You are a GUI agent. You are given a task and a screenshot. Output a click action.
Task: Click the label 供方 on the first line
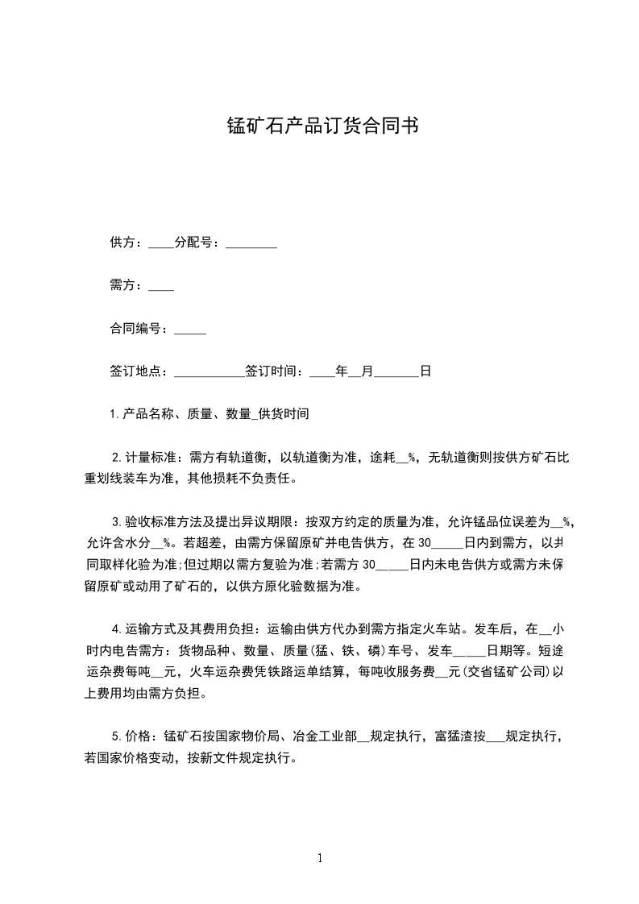click(123, 243)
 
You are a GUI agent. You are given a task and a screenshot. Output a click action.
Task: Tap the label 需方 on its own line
click(123, 285)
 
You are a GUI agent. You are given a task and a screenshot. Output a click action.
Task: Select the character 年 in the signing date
click(342, 371)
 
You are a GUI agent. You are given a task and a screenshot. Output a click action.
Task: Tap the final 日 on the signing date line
click(425, 371)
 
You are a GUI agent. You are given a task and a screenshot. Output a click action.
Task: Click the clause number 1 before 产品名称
click(114, 414)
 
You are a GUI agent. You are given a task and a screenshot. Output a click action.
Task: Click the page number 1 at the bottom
click(320, 858)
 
